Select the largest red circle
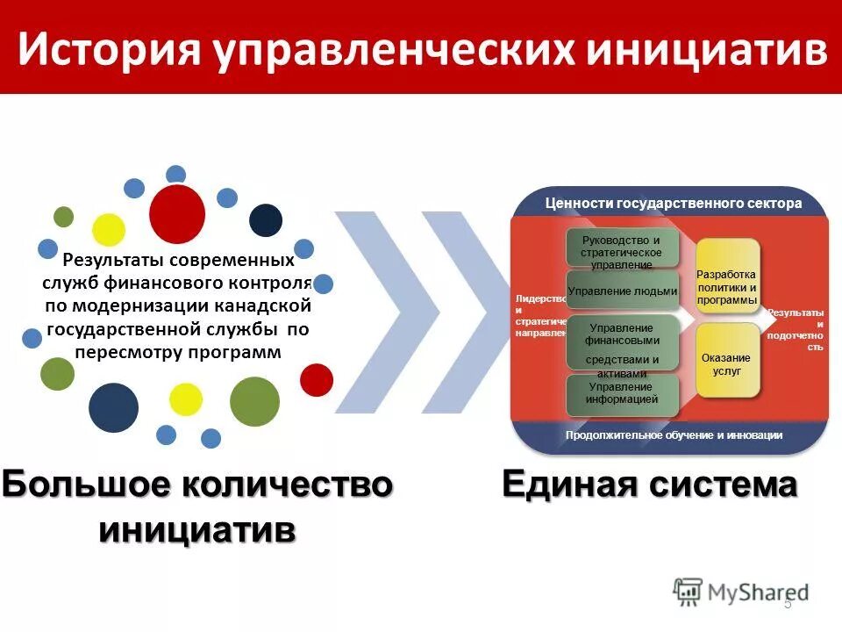tap(177, 214)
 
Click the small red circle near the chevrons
tap(317, 379)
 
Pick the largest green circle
tap(254, 401)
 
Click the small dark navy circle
tap(266, 220)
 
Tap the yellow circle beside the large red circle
tap(109, 229)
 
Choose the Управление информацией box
tap(623, 393)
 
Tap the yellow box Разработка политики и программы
tap(726, 287)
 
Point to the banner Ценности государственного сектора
tap(673, 204)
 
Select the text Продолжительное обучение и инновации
tap(673, 434)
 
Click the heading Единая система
tap(649, 485)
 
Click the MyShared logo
tap(741, 592)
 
